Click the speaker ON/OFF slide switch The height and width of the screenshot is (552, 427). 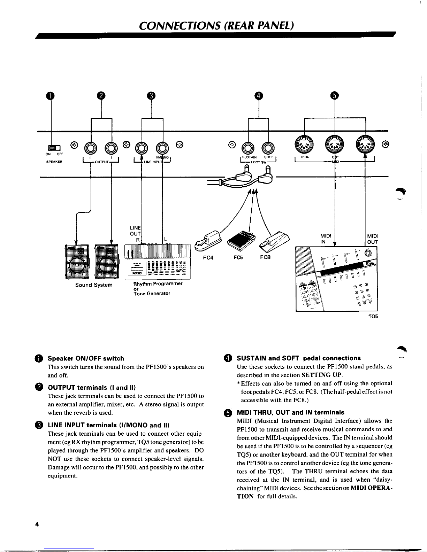pos(54,148)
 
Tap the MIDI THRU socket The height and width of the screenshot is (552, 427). pos(304,145)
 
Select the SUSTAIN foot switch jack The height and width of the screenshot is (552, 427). pos(248,148)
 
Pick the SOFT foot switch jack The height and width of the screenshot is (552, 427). pos(268,148)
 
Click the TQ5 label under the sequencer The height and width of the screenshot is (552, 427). pos(373,316)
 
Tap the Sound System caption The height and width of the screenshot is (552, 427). pos(93,285)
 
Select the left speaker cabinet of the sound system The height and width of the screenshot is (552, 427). pos(77,262)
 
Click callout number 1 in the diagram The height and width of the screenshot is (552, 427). pos(50,96)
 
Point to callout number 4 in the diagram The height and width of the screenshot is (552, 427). pos(259,96)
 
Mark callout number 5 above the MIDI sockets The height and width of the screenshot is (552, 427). pos(335,95)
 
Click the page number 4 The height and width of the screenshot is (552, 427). pos(37,524)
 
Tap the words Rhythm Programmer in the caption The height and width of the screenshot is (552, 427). pos(158,283)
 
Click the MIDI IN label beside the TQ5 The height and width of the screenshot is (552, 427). pos(326,239)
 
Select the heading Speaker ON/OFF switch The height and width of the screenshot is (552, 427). pos(86,358)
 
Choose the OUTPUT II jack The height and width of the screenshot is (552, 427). pos(91,148)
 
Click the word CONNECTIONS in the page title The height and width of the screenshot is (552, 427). pos(180,26)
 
